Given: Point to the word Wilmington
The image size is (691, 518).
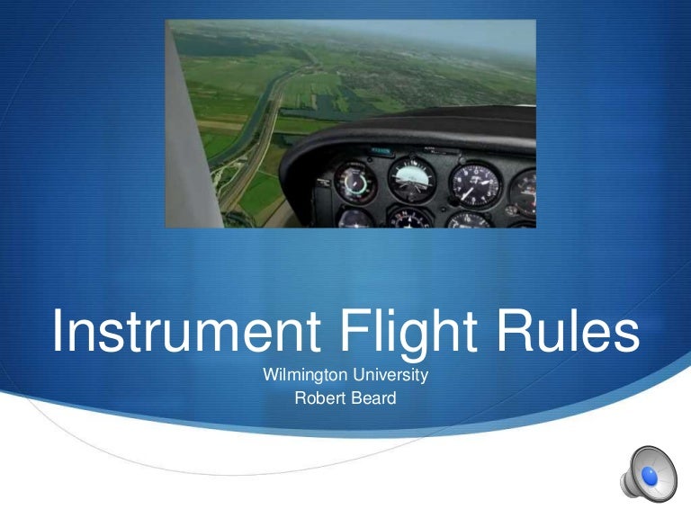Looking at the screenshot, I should tap(303, 374).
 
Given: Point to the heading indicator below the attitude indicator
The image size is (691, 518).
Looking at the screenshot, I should tap(410, 218).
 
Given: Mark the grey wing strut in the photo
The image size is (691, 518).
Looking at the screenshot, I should tap(193, 126).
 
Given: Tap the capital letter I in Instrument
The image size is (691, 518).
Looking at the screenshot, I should tap(58, 333).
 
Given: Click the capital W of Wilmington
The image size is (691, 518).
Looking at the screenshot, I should tap(269, 374).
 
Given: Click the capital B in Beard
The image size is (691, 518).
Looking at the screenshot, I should tap(351, 397).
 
